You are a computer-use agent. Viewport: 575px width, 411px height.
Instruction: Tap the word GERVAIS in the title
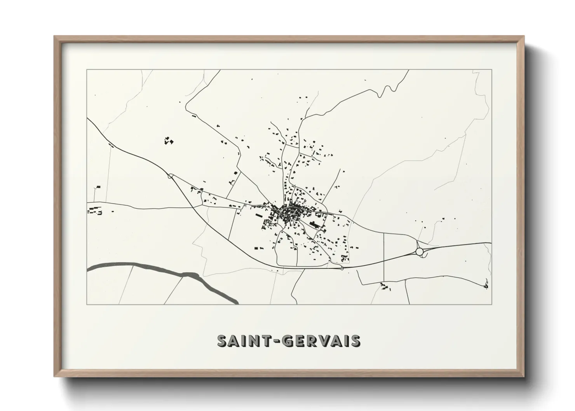click(322, 341)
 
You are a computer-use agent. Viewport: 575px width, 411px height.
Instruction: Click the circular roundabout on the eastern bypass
click(419, 252)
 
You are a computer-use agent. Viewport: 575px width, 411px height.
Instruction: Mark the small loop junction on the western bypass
click(170, 176)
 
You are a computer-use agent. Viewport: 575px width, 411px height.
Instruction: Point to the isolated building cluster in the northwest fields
click(168, 141)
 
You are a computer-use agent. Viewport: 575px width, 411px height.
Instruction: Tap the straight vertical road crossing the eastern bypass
click(384, 256)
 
